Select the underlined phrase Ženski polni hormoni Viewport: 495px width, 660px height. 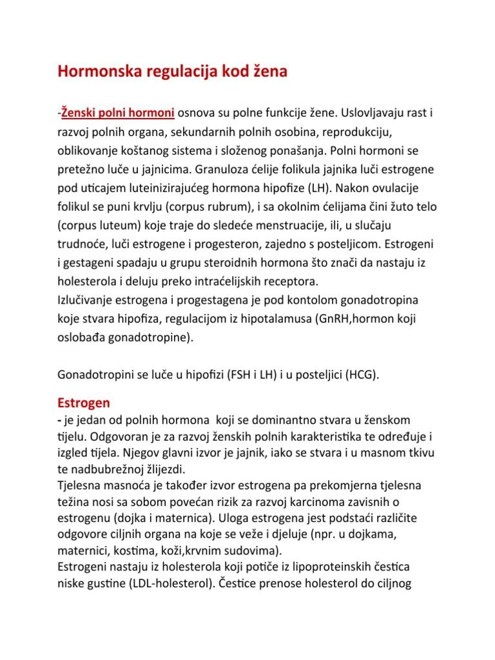(118, 113)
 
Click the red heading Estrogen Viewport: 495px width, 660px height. (84, 402)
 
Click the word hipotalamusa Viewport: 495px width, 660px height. (275, 318)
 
